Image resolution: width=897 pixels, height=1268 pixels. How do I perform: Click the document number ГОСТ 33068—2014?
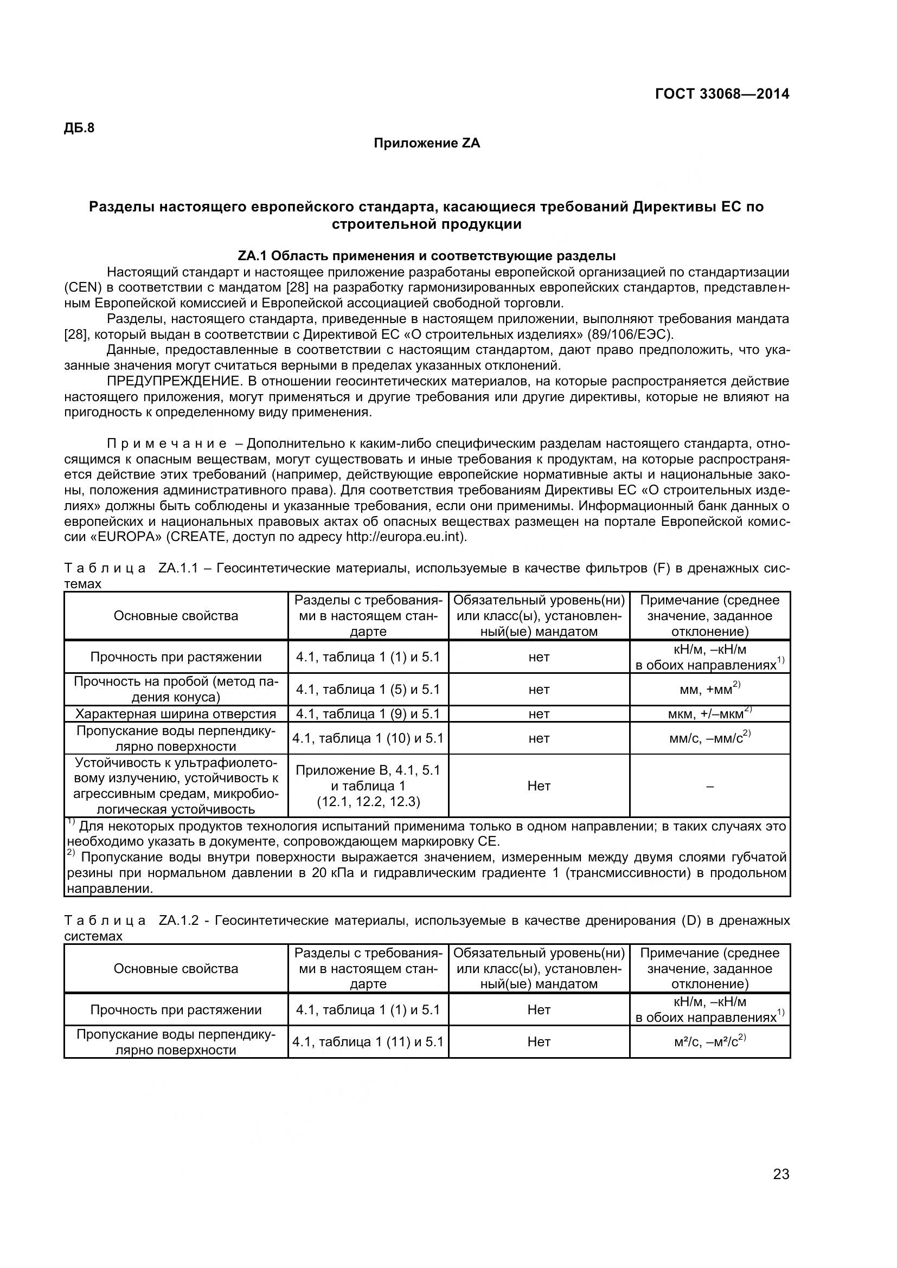pos(722,94)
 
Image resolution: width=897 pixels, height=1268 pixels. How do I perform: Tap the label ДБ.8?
pos(80,128)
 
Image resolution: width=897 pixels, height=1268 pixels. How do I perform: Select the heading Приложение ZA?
pos(426,144)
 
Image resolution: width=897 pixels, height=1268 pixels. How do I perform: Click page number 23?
pos(781,1189)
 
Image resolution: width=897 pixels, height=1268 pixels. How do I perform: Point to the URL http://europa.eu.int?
pos(405,537)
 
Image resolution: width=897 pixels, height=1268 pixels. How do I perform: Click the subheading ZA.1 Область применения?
pos(426,256)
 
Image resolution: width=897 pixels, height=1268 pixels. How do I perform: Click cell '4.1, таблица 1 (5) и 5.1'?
pos(368,689)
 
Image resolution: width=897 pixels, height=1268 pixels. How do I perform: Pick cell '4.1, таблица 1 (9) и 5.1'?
pos(368,714)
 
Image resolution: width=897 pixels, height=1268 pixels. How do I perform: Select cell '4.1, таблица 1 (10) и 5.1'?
pos(368,738)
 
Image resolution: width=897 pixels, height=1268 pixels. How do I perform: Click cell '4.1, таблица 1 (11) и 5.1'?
pos(368,1041)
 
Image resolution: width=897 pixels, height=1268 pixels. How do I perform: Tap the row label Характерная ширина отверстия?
pos(176,714)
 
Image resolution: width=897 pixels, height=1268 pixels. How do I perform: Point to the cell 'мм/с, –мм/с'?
pos(709,738)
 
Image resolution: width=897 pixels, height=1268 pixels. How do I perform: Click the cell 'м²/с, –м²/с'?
pos(709,1041)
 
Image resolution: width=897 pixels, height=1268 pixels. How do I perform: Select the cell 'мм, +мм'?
pos(709,689)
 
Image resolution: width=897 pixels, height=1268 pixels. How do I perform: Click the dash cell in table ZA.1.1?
pos(710,787)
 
